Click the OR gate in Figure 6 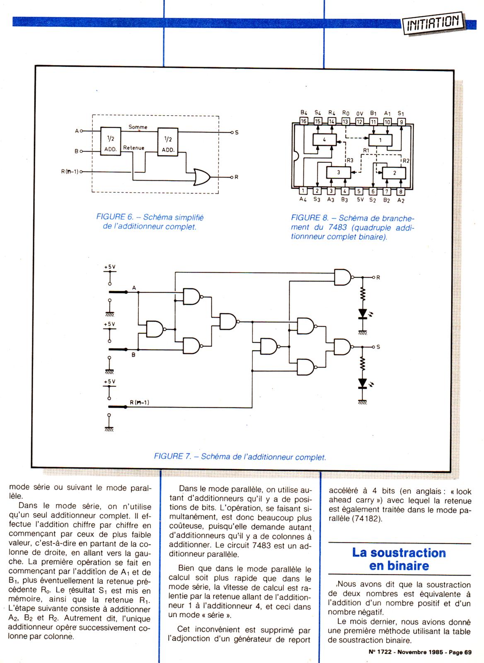202,177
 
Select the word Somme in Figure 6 138,127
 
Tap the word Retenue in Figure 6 133,148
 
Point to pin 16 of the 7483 303,121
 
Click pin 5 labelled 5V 359,191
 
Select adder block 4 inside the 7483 324,140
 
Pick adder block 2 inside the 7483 394,173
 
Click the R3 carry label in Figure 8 350,160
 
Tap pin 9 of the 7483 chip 402,122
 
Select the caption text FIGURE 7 172,456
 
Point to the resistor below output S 363,364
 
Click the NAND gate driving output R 343,277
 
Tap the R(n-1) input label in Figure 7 139,402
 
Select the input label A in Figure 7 134,288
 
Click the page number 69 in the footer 468,652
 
